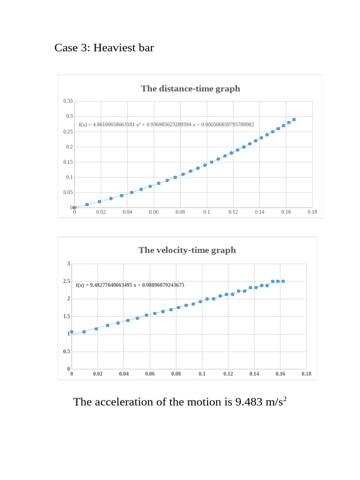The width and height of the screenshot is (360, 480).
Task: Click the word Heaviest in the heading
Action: click(113, 48)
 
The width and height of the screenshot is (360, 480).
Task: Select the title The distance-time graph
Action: click(190, 89)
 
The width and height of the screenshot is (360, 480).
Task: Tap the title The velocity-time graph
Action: click(187, 250)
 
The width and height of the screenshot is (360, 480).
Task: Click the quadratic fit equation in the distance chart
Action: click(166, 125)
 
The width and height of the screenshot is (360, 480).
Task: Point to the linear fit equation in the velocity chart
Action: click(130, 285)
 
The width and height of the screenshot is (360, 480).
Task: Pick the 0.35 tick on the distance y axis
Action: click(68, 101)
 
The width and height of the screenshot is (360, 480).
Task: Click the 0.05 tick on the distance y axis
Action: click(68, 193)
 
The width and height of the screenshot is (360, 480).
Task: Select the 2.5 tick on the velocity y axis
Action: click(66, 281)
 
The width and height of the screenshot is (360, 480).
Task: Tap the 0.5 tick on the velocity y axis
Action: click(66, 352)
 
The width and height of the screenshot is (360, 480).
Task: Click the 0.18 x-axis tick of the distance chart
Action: click(312, 212)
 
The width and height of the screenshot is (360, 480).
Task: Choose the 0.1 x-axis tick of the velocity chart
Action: click(202, 374)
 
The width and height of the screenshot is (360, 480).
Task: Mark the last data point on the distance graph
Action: click(294, 120)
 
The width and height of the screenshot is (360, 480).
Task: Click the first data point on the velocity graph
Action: click(72, 332)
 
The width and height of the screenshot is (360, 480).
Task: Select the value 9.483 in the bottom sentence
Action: click(250, 402)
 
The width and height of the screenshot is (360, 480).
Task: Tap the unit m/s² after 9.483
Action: click(276, 402)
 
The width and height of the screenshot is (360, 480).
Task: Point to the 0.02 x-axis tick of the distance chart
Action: click(101, 212)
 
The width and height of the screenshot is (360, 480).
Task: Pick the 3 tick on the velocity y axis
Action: click(68, 264)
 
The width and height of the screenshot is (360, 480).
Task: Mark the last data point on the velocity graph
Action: click(283, 281)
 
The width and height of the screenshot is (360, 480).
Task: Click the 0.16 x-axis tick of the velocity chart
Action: click(280, 374)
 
